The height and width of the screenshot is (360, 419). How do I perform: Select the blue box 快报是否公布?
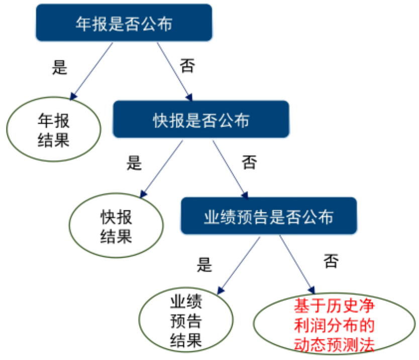pos(201,119)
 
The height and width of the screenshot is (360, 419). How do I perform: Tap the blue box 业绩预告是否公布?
pos(269,216)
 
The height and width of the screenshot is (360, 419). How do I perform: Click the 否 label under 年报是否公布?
pos(187,66)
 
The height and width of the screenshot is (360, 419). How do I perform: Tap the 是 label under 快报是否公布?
pos(134,163)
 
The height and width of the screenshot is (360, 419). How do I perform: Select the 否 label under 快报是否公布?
pos(249,162)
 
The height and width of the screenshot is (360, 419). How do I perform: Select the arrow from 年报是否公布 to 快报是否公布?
pos(174,71)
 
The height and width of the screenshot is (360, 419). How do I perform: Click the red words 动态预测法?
pos(334,345)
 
